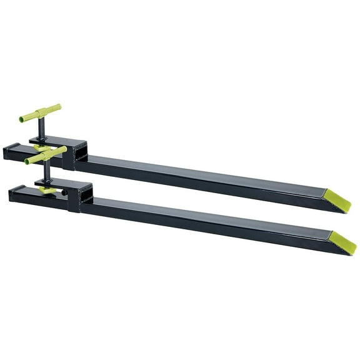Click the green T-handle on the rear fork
40,114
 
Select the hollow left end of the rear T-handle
21,119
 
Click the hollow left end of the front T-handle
27,161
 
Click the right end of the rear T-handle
59,107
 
